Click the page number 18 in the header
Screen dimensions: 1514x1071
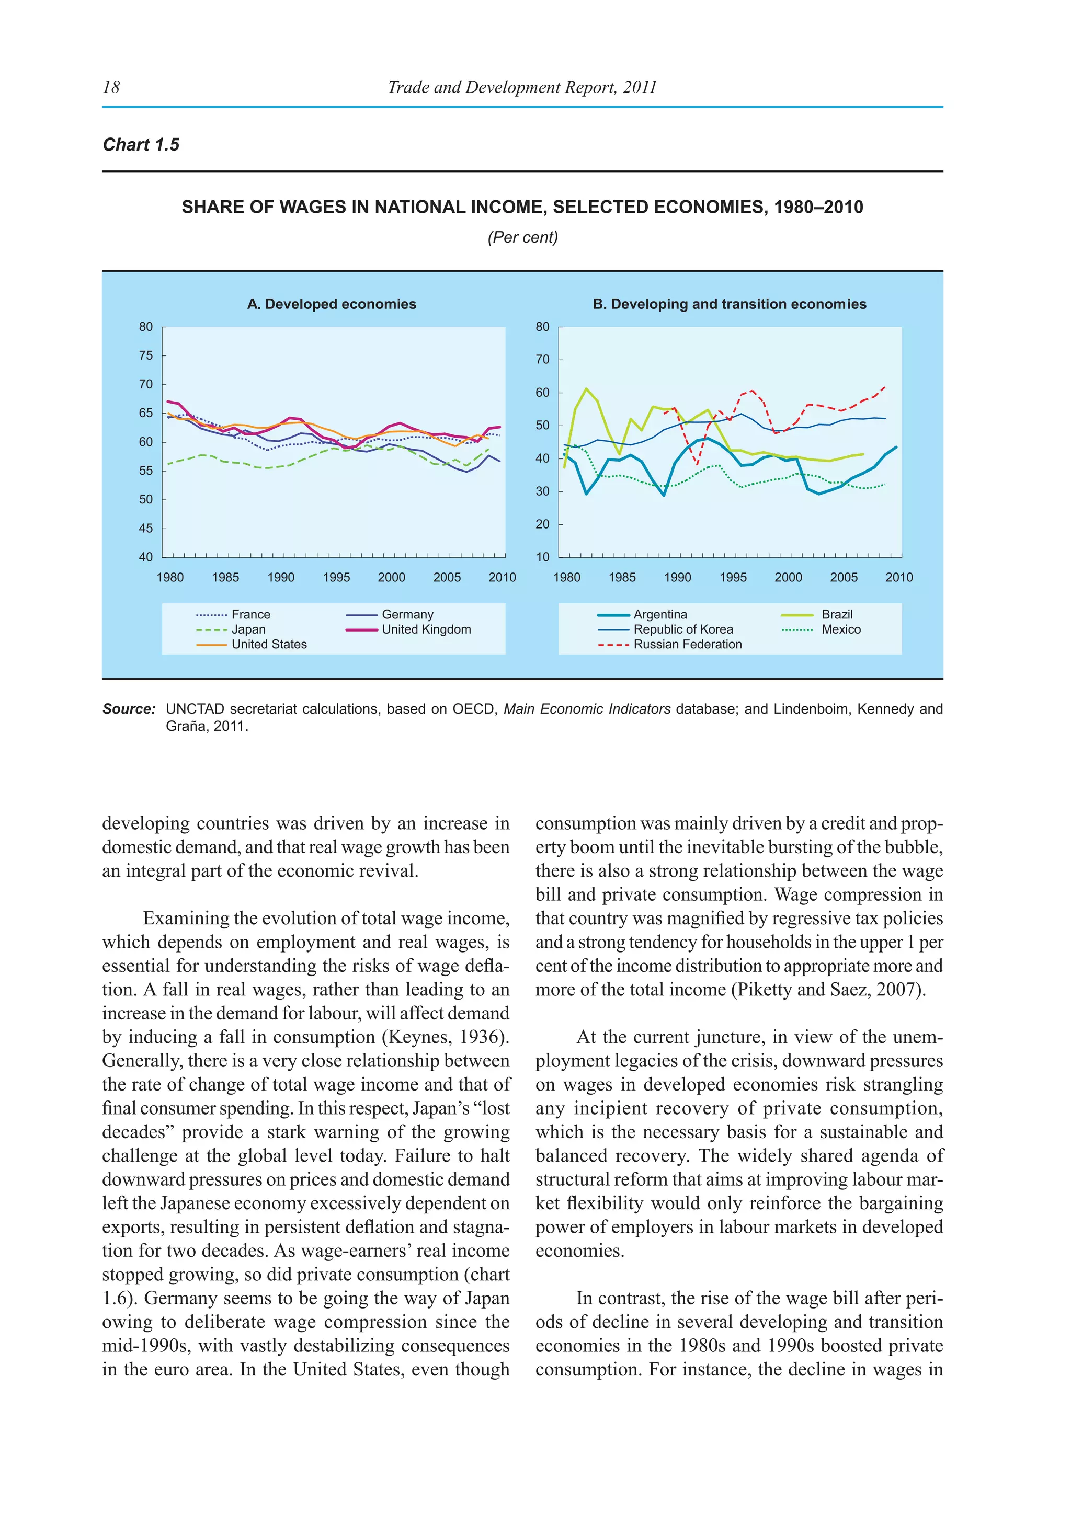(111, 87)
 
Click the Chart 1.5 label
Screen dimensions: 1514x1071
(141, 145)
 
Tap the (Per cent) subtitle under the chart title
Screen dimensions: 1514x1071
(522, 237)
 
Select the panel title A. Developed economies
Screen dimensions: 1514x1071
(332, 304)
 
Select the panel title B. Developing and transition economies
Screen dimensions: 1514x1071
(730, 304)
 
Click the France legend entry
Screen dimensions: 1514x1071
(250, 615)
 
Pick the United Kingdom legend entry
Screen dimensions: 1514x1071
(426, 630)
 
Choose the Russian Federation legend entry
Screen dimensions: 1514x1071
(687, 644)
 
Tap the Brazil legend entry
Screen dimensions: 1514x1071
(837, 615)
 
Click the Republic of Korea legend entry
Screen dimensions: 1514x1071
(683, 630)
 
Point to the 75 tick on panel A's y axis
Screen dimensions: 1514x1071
(146, 355)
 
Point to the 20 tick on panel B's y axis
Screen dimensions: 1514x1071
(542, 524)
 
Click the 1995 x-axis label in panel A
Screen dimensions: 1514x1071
(336, 578)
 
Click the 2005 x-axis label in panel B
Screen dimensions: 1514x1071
(844, 578)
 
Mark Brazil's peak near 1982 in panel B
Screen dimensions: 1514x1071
(586, 388)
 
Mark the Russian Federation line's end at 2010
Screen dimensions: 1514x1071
(884, 387)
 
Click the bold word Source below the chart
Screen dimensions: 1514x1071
(129, 709)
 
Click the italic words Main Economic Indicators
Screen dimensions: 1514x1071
(587, 709)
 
